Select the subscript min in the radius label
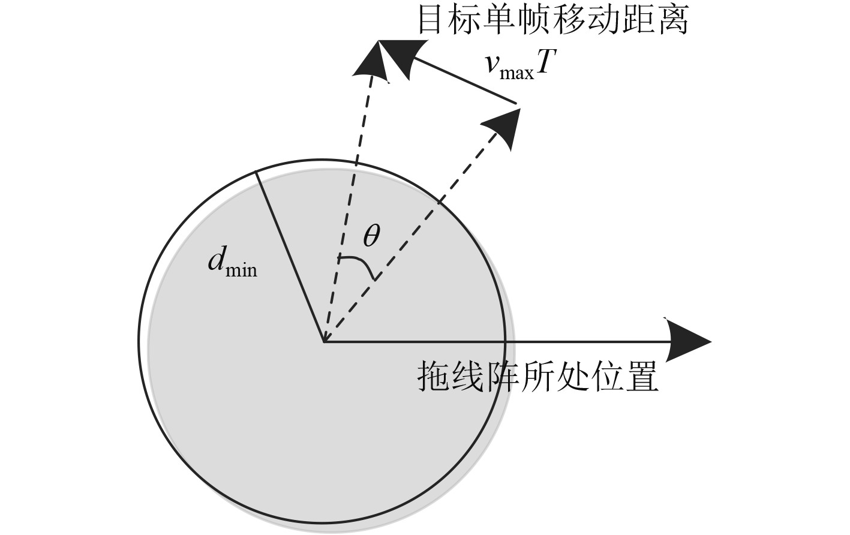click(x=241, y=270)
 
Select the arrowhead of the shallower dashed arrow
click(x=503, y=127)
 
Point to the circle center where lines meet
click(x=324, y=342)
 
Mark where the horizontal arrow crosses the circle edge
click(x=505, y=342)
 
